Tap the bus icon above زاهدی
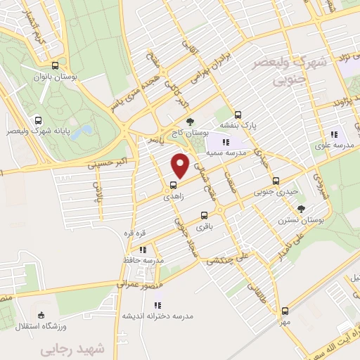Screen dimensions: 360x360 coord(172,186)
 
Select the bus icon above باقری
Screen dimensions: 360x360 coord(204,215)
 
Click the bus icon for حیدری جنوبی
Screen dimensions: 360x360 coord(275,180)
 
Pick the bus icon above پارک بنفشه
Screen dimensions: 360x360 coord(238,115)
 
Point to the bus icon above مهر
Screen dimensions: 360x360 coord(285,310)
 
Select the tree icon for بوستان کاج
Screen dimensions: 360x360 coord(188,122)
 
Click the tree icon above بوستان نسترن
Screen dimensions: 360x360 coord(302,208)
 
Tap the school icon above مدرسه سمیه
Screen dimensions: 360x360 coord(224,143)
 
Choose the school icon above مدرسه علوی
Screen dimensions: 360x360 coord(334,134)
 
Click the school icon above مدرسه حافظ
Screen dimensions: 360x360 coord(143,249)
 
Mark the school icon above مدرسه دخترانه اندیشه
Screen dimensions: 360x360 coord(157,305)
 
